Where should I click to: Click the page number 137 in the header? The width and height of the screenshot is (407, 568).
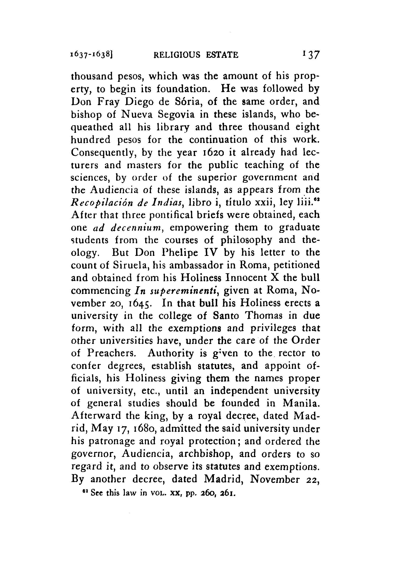tap(311, 55)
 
